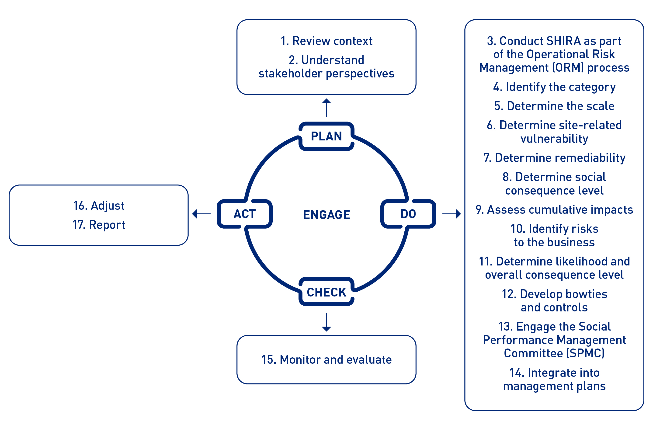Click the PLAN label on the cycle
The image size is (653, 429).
coord(326,136)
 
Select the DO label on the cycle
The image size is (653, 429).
coord(408,214)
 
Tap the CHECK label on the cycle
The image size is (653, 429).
coord(326,292)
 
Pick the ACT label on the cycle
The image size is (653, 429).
coord(244,214)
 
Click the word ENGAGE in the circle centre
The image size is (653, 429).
coord(326,215)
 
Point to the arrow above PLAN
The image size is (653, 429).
coord(326,108)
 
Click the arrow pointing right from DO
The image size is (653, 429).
coord(451,214)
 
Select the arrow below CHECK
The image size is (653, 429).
coord(326,322)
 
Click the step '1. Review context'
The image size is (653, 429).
coord(326,41)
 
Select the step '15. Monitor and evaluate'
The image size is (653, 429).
coord(326,359)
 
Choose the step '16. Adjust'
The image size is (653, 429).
coord(99,206)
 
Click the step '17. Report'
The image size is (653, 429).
coord(99,225)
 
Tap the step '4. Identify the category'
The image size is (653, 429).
coord(554,87)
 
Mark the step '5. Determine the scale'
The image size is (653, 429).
coord(554,106)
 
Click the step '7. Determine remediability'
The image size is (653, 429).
coord(554,158)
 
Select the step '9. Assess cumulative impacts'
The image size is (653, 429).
coord(554,210)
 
